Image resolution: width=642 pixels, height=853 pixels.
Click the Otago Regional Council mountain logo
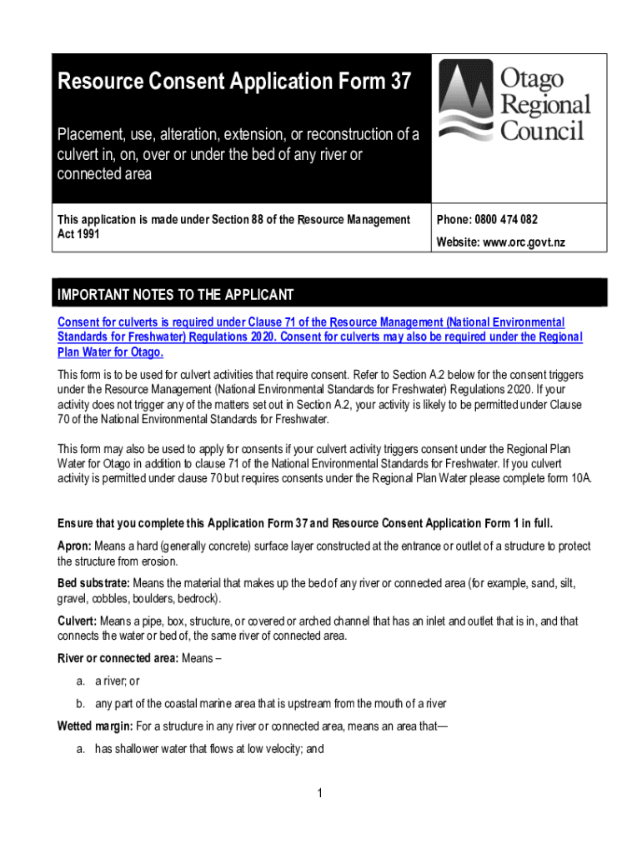468,103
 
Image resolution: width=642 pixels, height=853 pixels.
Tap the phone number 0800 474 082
506,220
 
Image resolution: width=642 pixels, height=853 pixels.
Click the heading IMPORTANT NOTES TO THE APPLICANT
175,295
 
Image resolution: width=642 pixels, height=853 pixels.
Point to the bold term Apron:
74,546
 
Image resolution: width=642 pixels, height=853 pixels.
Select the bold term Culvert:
77,621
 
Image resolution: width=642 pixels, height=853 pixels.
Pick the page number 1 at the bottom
320,792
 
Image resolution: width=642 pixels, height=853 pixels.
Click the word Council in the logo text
542,132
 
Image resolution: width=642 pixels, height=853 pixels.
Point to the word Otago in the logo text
532,78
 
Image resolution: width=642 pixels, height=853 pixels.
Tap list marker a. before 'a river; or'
81,682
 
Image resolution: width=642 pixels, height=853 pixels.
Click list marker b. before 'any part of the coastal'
81,704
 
